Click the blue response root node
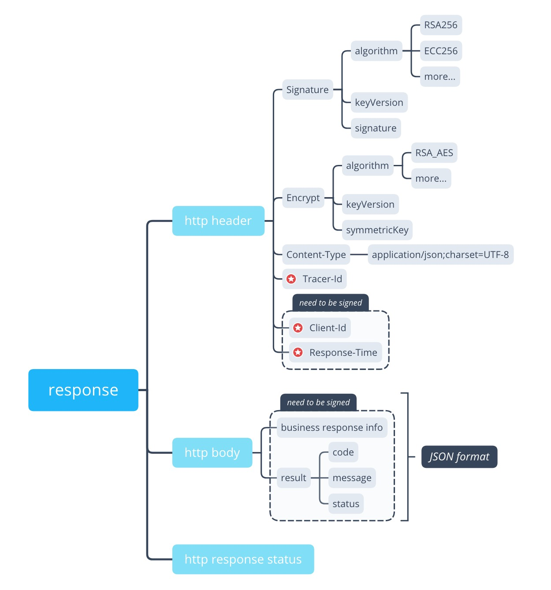point(83,390)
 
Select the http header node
point(218,221)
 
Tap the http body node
point(212,453)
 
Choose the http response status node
point(243,560)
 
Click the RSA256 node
point(441,25)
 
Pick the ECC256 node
point(441,51)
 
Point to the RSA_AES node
point(434,153)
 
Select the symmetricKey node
point(377,230)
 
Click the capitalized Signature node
point(307,90)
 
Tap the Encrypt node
point(303,198)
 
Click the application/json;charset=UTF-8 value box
point(440,255)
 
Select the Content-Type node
point(316,255)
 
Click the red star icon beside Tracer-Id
point(291,279)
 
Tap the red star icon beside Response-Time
point(298,353)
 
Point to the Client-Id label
point(328,328)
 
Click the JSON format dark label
point(459,457)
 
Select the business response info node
point(331,428)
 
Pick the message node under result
point(352,478)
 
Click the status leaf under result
point(346,504)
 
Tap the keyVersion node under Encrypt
point(370,205)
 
